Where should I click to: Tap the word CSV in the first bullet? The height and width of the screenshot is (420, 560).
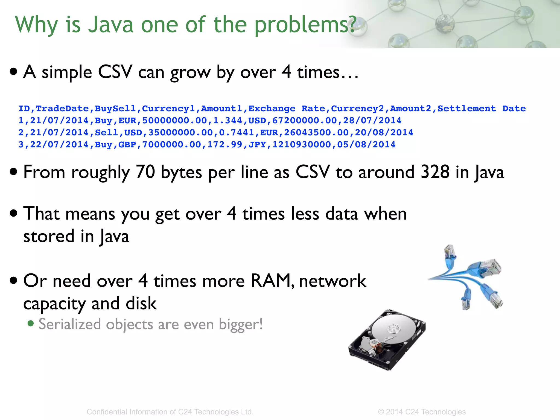(115, 72)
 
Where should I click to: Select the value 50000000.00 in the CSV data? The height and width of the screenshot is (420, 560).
(174, 121)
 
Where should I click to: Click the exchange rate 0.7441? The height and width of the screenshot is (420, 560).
(237, 133)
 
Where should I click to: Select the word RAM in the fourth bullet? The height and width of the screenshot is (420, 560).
(271, 281)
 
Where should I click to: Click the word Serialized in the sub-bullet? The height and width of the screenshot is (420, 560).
(70, 325)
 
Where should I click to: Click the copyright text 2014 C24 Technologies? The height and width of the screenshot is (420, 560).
(425, 412)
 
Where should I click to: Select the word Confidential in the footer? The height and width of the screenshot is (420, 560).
(107, 412)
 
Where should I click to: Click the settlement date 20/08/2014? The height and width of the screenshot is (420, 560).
(384, 133)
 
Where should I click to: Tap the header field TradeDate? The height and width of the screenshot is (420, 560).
(62, 109)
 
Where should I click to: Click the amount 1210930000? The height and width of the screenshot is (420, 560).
(302, 145)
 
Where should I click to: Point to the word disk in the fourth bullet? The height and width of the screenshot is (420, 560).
(141, 304)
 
